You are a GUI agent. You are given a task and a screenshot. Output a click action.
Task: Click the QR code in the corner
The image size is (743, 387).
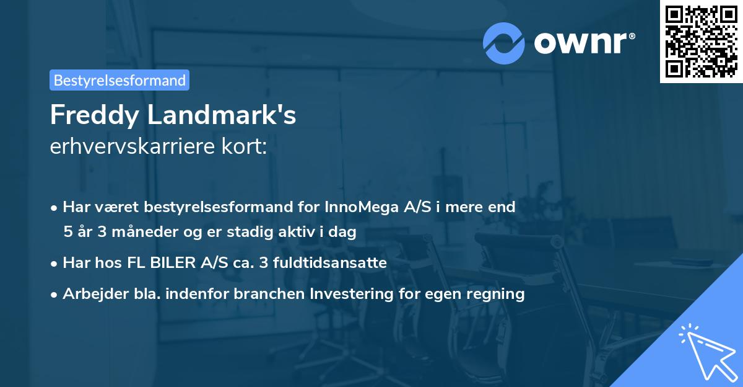pyautogui.click(x=702, y=42)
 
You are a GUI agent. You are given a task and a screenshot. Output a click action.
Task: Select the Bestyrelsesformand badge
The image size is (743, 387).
pyautogui.click(x=119, y=80)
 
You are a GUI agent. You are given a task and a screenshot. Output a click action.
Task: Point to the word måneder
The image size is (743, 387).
pyautogui.click(x=139, y=232)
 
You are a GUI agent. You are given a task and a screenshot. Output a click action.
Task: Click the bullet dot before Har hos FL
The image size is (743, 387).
pyautogui.click(x=55, y=264)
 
